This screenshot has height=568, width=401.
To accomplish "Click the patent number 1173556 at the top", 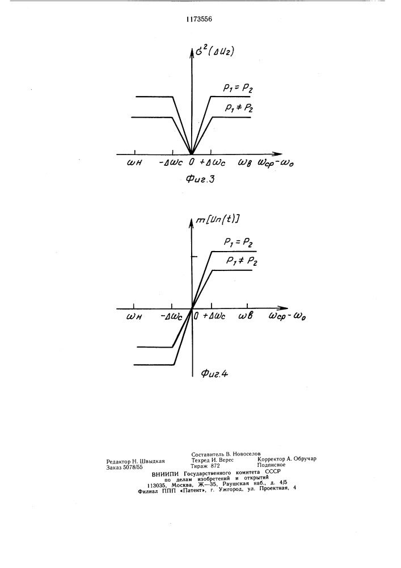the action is tap(199, 19).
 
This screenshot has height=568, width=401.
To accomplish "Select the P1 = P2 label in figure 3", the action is tap(237, 89).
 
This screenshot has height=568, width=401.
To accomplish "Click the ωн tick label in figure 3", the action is tap(134, 162).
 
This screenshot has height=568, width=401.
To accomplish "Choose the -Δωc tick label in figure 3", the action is tap(172, 162).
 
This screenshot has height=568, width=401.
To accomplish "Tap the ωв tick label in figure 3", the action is tap(245, 162).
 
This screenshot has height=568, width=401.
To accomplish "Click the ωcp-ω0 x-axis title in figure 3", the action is tap(276, 162).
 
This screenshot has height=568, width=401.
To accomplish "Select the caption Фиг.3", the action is tap(200, 178).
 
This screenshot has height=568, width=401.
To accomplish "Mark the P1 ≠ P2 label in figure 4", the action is tap(242, 261).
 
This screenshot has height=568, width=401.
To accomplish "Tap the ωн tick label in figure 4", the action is tap(134, 316).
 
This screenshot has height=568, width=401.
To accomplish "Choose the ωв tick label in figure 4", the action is tap(246, 316).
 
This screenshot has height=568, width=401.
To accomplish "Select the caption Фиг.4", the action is tap(214, 374).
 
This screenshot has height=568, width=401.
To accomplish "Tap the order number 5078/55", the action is tap(133, 467).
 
